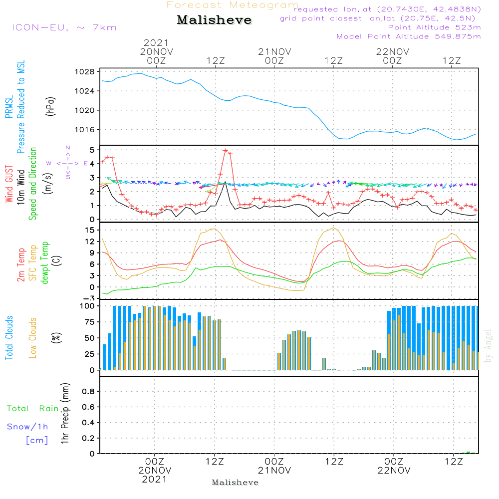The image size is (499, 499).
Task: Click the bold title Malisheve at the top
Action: (x=215, y=20)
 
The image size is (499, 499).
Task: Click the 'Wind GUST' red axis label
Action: (x=9, y=185)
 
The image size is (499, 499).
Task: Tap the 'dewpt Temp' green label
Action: (x=45, y=263)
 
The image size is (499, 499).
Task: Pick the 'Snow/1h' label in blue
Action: (x=27, y=427)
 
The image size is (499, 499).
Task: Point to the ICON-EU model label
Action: (x=64, y=27)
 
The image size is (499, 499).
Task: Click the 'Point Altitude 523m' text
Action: (x=434, y=27)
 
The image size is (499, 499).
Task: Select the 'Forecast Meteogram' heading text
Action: (x=233, y=5)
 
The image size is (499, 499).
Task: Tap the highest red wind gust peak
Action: (x=226, y=150)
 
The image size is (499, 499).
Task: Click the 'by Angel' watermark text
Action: (x=489, y=352)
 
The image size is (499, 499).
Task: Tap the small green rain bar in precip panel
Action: (x=468, y=453)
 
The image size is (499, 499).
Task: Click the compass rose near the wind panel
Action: (x=68, y=163)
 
